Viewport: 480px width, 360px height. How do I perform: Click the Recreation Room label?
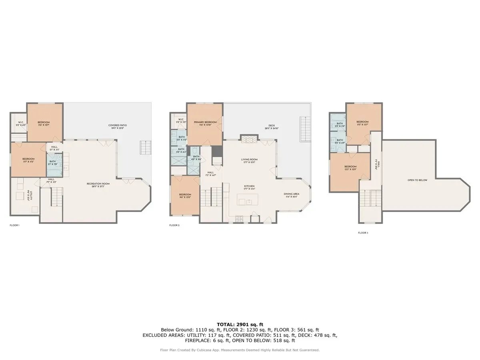(x=98, y=185)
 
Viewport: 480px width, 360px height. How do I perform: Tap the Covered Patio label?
(x=117, y=127)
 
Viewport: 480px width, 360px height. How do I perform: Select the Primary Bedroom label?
(x=205, y=124)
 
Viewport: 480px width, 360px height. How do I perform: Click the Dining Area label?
(x=292, y=195)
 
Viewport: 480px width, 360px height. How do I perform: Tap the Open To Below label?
(x=417, y=180)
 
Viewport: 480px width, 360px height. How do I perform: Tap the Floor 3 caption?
(x=363, y=232)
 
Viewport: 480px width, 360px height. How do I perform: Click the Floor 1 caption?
(x=15, y=226)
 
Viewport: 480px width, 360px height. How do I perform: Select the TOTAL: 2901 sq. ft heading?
(x=240, y=324)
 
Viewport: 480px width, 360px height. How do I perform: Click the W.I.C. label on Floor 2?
(x=181, y=120)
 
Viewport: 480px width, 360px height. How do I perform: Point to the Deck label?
(x=272, y=127)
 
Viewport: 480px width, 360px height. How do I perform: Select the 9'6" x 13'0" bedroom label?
(x=185, y=196)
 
